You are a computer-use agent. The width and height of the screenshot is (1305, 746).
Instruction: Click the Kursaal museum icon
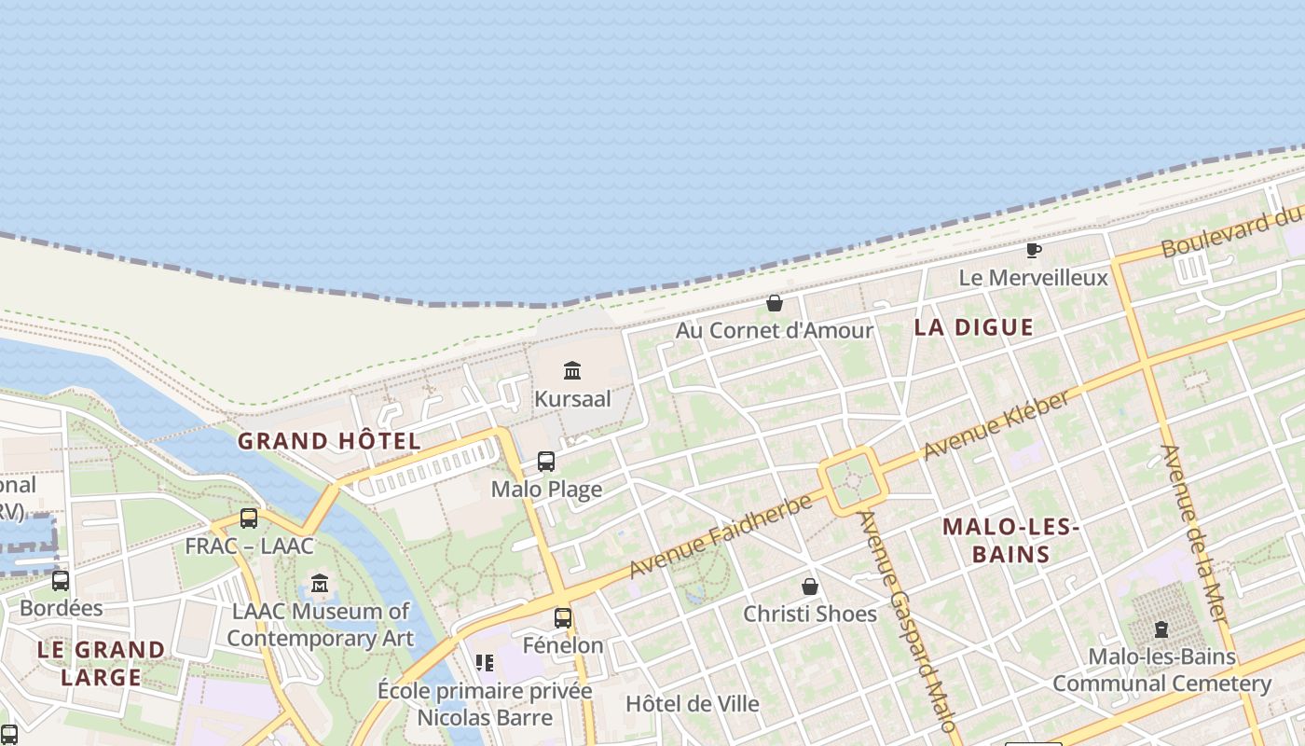click(x=572, y=371)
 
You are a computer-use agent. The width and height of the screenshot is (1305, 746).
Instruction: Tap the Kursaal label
click(x=572, y=399)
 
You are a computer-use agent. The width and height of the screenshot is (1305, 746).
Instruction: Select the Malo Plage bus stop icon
click(x=546, y=462)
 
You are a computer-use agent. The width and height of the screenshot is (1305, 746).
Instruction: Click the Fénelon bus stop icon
click(x=563, y=617)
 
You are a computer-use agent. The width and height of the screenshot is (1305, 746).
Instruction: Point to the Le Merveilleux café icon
click(x=1033, y=250)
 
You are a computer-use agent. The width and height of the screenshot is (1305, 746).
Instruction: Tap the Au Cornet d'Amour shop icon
click(x=774, y=303)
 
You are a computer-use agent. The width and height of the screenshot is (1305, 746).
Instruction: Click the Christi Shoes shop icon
click(x=810, y=587)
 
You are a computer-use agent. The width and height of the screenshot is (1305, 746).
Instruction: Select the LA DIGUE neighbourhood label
click(x=973, y=327)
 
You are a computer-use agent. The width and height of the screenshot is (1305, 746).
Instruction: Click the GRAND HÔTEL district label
click(x=328, y=441)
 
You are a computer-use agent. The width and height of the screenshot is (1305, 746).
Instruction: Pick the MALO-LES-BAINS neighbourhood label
click(x=1010, y=541)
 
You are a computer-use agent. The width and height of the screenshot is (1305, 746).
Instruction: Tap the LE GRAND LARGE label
click(x=101, y=663)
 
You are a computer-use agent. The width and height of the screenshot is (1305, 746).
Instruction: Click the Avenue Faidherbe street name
click(x=716, y=537)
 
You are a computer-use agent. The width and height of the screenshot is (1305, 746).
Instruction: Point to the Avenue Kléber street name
click(x=996, y=425)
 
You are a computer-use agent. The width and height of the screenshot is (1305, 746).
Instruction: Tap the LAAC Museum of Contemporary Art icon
click(x=321, y=584)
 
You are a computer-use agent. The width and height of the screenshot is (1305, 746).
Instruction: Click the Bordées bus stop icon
click(x=61, y=581)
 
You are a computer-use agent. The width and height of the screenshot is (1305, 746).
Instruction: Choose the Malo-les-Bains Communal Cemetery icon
click(x=1161, y=629)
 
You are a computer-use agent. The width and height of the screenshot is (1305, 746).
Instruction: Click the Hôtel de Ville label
click(x=693, y=704)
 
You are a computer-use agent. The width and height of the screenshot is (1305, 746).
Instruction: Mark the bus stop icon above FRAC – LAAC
click(x=248, y=518)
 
